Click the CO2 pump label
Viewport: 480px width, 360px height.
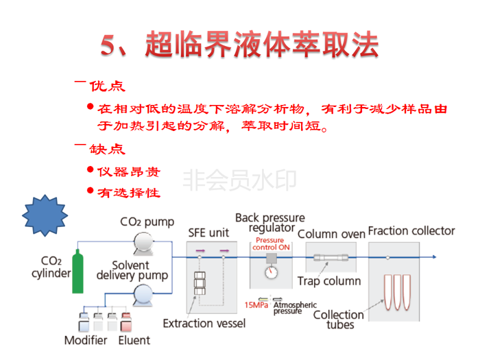point(147,222)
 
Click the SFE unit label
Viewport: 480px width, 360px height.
point(208,232)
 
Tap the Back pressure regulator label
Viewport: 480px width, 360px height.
point(270,223)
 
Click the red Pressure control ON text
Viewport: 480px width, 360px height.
point(269,244)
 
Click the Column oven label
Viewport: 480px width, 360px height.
point(331,234)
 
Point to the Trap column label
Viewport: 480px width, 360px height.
point(329,280)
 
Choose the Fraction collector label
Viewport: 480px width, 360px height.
point(411,231)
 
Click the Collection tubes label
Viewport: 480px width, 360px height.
point(339,320)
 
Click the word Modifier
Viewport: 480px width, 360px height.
point(86,340)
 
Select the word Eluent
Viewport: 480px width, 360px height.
point(134,340)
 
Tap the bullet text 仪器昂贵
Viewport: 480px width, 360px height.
point(129,171)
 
